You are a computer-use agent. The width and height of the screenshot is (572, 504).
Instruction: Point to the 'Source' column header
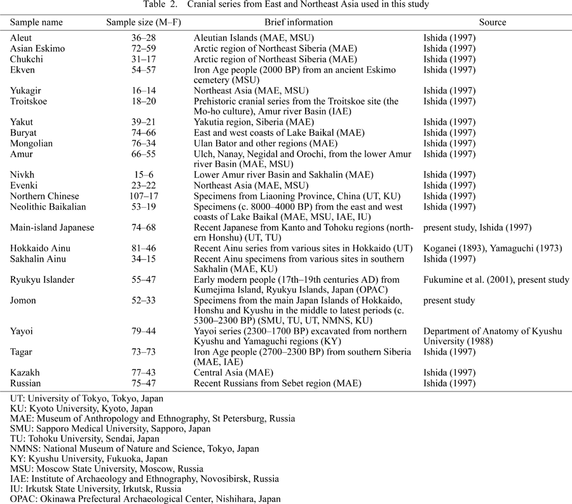click(x=493, y=22)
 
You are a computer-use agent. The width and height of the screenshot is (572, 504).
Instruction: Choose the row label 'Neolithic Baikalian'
click(x=48, y=207)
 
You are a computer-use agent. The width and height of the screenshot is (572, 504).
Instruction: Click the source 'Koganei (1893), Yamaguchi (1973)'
click(x=493, y=248)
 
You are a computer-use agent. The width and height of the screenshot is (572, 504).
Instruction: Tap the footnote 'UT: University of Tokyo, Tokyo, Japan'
click(x=87, y=398)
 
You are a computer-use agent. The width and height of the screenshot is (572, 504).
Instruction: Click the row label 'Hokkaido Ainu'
click(x=38, y=248)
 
